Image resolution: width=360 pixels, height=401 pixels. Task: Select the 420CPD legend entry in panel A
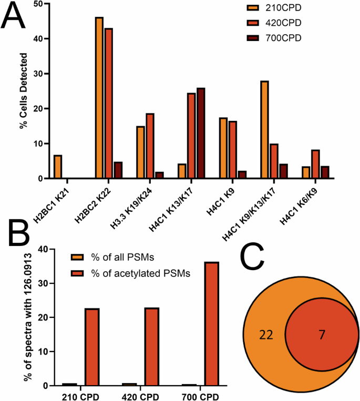click(276, 24)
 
